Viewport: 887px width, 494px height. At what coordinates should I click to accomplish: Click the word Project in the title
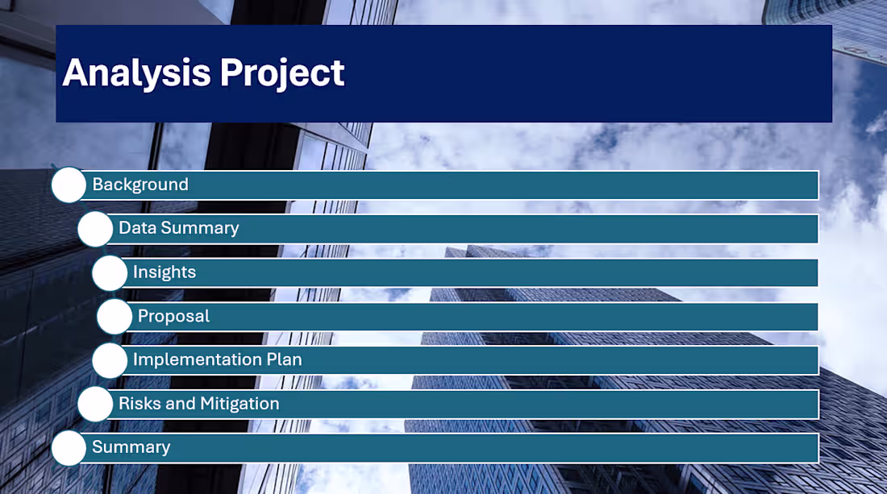[282, 73]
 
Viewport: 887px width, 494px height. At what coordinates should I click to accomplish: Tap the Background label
[140, 185]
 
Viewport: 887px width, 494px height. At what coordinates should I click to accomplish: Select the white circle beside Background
[69, 185]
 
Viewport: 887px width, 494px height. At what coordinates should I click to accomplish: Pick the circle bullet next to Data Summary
[95, 229]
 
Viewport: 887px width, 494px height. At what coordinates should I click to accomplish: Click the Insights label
[164, 272]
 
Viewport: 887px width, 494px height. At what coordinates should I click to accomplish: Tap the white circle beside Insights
[110, 273]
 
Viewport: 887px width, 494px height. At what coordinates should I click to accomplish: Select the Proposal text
[173, 316]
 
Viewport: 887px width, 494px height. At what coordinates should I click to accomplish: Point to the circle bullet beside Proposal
[115, 317]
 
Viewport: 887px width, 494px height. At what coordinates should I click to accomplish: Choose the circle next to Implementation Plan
[110, 360]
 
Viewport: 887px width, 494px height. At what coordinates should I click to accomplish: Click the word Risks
[140, 404]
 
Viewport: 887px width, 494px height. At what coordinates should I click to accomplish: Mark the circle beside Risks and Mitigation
[95, 404]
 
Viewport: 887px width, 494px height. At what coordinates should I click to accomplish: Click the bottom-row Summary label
[131, 447]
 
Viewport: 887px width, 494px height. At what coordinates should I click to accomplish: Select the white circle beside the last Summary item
[69, 448]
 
